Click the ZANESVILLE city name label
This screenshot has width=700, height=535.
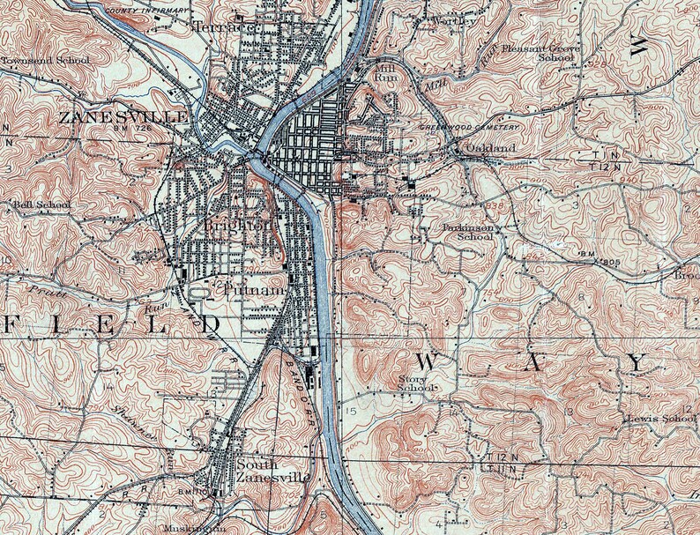coord(123,117)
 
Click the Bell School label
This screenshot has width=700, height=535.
coord(41,205)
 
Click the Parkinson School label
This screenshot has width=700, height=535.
coord(467,231)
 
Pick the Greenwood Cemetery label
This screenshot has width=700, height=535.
coord(469,127)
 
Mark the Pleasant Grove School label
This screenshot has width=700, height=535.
coord(540,54)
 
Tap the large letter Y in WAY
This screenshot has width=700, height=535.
coord(636,362)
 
